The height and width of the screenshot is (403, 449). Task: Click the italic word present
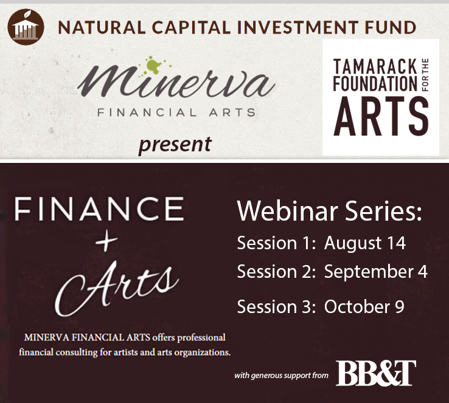[174, 144]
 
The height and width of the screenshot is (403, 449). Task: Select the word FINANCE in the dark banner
[97, 210]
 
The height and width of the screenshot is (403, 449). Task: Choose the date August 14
[364, 243]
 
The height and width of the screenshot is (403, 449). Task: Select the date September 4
[375, 272]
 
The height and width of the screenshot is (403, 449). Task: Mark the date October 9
[364, 307]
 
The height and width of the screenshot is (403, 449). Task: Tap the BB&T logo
[375, 373]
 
